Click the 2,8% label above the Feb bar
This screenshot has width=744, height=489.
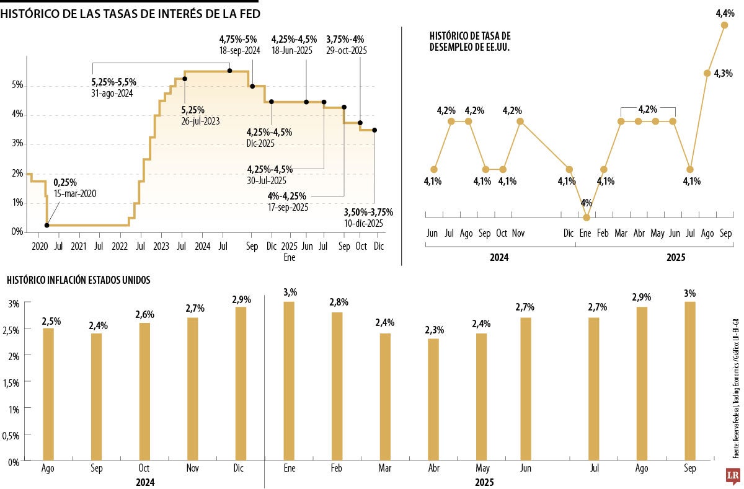pos(339,302)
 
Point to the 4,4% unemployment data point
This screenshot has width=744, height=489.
pos(724,25)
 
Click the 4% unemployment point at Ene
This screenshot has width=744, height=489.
pos(587,217)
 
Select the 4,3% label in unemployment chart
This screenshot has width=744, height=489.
pos(723,73)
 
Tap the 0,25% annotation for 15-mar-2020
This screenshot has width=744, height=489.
pos(65,183)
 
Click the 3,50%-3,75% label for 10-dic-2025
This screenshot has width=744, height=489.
pos(368,213)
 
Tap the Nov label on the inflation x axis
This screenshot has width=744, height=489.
pos(193,469)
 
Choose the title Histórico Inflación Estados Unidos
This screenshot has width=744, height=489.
pos(79,280)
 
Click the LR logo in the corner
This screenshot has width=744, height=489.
pos(733,475)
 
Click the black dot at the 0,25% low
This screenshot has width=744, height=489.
pos(47,226)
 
